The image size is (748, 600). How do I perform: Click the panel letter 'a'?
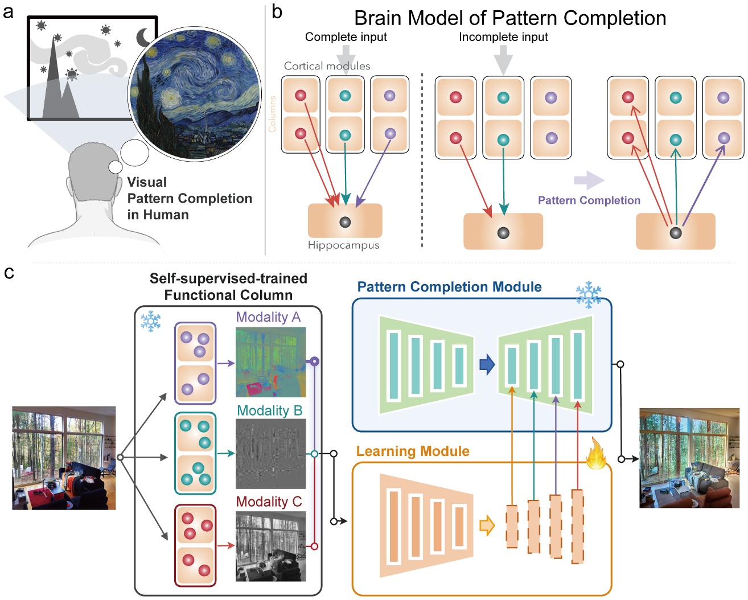point(8,11)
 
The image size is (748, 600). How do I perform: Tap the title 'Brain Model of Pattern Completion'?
point(509,18)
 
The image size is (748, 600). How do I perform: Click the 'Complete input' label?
point(346,37)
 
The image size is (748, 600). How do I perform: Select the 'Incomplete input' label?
point(503,37)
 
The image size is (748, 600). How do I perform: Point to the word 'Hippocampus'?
point(343,245)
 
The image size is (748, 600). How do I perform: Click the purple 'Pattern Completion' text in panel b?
point(589,200)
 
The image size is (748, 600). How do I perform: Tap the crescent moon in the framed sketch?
point(144,38)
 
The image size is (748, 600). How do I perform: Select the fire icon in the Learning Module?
point(596,454)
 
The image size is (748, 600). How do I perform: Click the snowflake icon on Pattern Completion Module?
point(588,294)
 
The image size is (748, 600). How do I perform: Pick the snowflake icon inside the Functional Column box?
point(151,322)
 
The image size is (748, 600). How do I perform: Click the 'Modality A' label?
point(268,317)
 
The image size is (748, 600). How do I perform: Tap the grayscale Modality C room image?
point(270,546)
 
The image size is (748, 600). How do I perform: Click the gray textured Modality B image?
point(270,454)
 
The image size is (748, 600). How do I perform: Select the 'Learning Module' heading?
point(413,451)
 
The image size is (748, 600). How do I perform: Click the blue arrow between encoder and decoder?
point(487,364)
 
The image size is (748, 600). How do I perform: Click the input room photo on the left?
point(64,458)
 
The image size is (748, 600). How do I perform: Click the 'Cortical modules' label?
point(327,66)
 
